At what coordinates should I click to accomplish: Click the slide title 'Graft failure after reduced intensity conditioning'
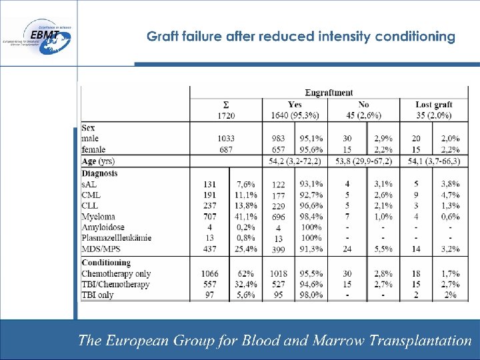click(x=301, y=37)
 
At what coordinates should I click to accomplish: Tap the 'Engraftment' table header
click(x=329, y=93)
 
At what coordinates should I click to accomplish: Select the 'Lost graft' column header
click(x=434, y=104)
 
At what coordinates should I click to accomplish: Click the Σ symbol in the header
click(x=226, y=104)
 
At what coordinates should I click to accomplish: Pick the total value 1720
click(x=226, y=115)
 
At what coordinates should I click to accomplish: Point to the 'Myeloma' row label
click(x=98, y=217)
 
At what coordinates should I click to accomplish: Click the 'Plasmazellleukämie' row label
click(x=116, y=238)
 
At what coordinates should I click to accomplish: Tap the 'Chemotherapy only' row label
click(x=116, y=273)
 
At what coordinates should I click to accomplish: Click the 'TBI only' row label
click(x=97, y=295)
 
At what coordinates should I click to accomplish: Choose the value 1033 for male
click(x=226, y=137)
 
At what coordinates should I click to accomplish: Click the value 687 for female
click(x=226, y=149)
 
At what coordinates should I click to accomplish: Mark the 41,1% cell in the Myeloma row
click(x=246, y=217)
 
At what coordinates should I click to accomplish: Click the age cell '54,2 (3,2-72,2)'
click(x=295, y=161)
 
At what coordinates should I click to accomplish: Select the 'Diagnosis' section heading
click(x=99, y=173)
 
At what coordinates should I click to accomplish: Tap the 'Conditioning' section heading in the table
click(x=106, y=263)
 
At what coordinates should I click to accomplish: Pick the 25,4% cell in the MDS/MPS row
click(x=246, y=249)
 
